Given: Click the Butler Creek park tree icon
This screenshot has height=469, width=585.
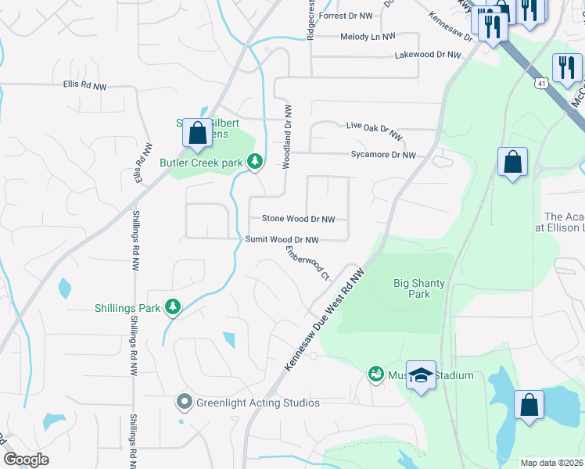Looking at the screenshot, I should point(254,162).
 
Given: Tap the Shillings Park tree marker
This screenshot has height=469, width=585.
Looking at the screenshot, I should point(173,308).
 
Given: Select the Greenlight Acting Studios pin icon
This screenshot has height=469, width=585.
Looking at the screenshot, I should point(185,403).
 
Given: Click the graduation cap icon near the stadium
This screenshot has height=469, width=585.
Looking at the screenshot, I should point(421,376).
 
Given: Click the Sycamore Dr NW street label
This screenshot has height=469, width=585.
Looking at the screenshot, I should point(383,156).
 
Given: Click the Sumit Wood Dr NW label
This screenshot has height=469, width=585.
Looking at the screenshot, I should point(282,240).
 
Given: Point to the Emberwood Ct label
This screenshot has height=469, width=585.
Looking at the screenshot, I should point(308,263).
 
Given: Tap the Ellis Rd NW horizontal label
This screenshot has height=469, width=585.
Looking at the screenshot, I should point(85,86).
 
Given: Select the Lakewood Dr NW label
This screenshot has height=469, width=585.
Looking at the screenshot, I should point(428,55).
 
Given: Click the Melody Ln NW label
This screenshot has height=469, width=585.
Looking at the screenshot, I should point(368,37).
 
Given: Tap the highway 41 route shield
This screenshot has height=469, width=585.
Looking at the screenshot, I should point(541,82).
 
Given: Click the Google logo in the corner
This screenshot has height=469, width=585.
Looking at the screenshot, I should point(27,460).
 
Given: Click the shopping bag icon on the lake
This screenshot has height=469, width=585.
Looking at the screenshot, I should point(529,406).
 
